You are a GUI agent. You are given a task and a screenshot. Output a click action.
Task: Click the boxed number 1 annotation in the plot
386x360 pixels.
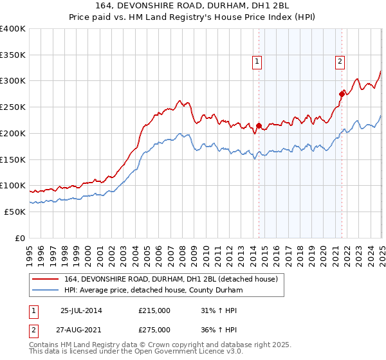point(257,62)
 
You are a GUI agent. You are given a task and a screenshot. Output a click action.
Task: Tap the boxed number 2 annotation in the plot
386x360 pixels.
point(339,62)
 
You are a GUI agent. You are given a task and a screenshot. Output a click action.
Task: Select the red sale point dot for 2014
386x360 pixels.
point(259,125)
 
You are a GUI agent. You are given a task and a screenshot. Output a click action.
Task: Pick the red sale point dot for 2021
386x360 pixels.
point(342,94)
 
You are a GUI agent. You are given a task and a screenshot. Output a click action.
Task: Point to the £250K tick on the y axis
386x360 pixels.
point(12,107)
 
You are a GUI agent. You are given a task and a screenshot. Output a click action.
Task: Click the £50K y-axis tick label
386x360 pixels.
point(14,212)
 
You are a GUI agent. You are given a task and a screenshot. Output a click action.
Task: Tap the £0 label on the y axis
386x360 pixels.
point(19,238)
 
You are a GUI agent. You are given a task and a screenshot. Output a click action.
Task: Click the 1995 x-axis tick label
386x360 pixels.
point(30,251)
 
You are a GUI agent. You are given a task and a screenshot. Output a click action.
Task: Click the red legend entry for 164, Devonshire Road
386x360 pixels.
point(170,279)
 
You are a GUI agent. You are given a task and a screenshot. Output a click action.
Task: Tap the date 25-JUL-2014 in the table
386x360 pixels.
point(81,310)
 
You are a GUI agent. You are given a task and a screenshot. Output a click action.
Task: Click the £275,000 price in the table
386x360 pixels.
point(154,330)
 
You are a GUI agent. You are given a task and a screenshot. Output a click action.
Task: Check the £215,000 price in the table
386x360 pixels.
point(154,310)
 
